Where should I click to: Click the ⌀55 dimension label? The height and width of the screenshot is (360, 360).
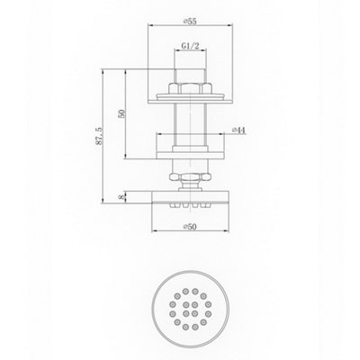[x=190, y=22]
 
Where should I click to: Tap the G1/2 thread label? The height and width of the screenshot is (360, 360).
[x=190, y=46]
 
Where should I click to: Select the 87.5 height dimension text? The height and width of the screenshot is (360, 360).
[x=99, y=136]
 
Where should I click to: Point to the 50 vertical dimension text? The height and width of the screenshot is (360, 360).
[x=121, y=114]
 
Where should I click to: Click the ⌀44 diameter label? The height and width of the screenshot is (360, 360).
[x=239, y=130]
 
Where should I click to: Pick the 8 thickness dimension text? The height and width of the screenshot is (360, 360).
[x=121, y=197]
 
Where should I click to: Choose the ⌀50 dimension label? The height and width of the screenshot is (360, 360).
[x=190, y=227]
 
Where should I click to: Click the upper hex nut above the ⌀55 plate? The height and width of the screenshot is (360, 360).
[x=190, y=88]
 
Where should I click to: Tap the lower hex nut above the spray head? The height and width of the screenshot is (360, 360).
[x=190, y=176]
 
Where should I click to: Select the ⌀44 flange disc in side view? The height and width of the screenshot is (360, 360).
[x=190, y=156]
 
